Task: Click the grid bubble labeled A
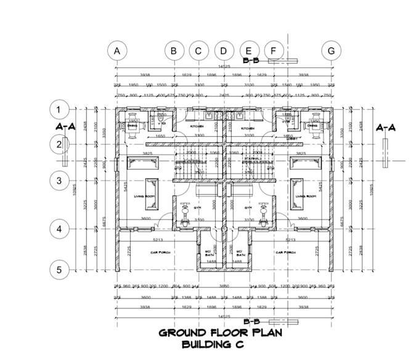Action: (x=116, y=51)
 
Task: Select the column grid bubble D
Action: (x=224, y=51)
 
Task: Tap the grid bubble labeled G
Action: (x=332, y=51)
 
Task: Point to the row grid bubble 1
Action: (x=59, y=110)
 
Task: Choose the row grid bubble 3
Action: (x=59, y=181)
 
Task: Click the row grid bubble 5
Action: (x=59, y=269)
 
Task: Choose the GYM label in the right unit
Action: (x=249, y=208)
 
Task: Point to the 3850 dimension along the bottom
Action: (x=224, y=287)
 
